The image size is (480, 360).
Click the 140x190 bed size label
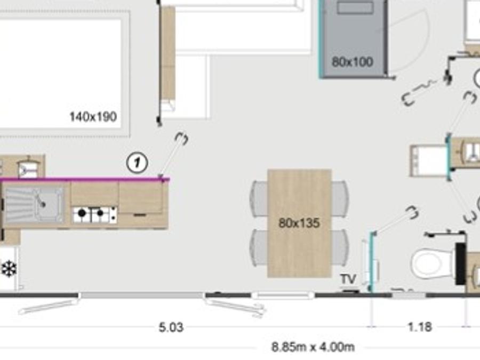[x=93, y=117]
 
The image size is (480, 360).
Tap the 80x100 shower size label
[x=353, y=62]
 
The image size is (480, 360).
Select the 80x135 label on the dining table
[x=299, y=223]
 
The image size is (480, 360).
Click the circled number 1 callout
[x=137, y=163]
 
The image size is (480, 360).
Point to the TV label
[x=348, y=279]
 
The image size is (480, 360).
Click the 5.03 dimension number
[x=171, y=327]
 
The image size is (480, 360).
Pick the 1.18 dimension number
[x=420, y=327]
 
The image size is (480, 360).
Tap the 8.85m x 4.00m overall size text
[x=313, y=347]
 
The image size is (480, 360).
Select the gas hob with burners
[x=94, y=214]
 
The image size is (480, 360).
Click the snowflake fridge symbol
[x=9, y=269]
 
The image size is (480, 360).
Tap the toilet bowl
[x=432, y=262]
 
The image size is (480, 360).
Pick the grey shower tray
[x=353, y=38]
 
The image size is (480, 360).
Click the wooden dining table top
[x=299, y=223]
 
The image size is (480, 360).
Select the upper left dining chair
[x=259, y=199]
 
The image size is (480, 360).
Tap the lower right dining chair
[x=340, y=248]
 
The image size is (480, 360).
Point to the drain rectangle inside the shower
[x=355, y=7]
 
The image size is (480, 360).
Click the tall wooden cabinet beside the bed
[x=168, y=53]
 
